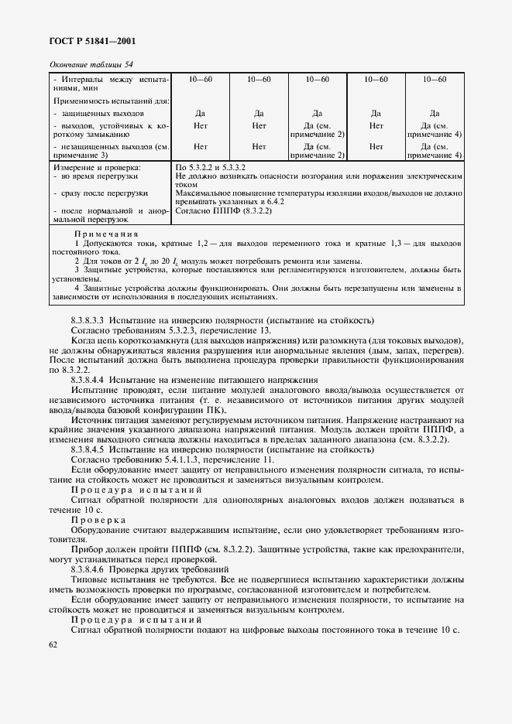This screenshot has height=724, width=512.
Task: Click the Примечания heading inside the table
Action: click(x=107, y=234)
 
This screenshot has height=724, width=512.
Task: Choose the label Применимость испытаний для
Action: click(x=111, y=101)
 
